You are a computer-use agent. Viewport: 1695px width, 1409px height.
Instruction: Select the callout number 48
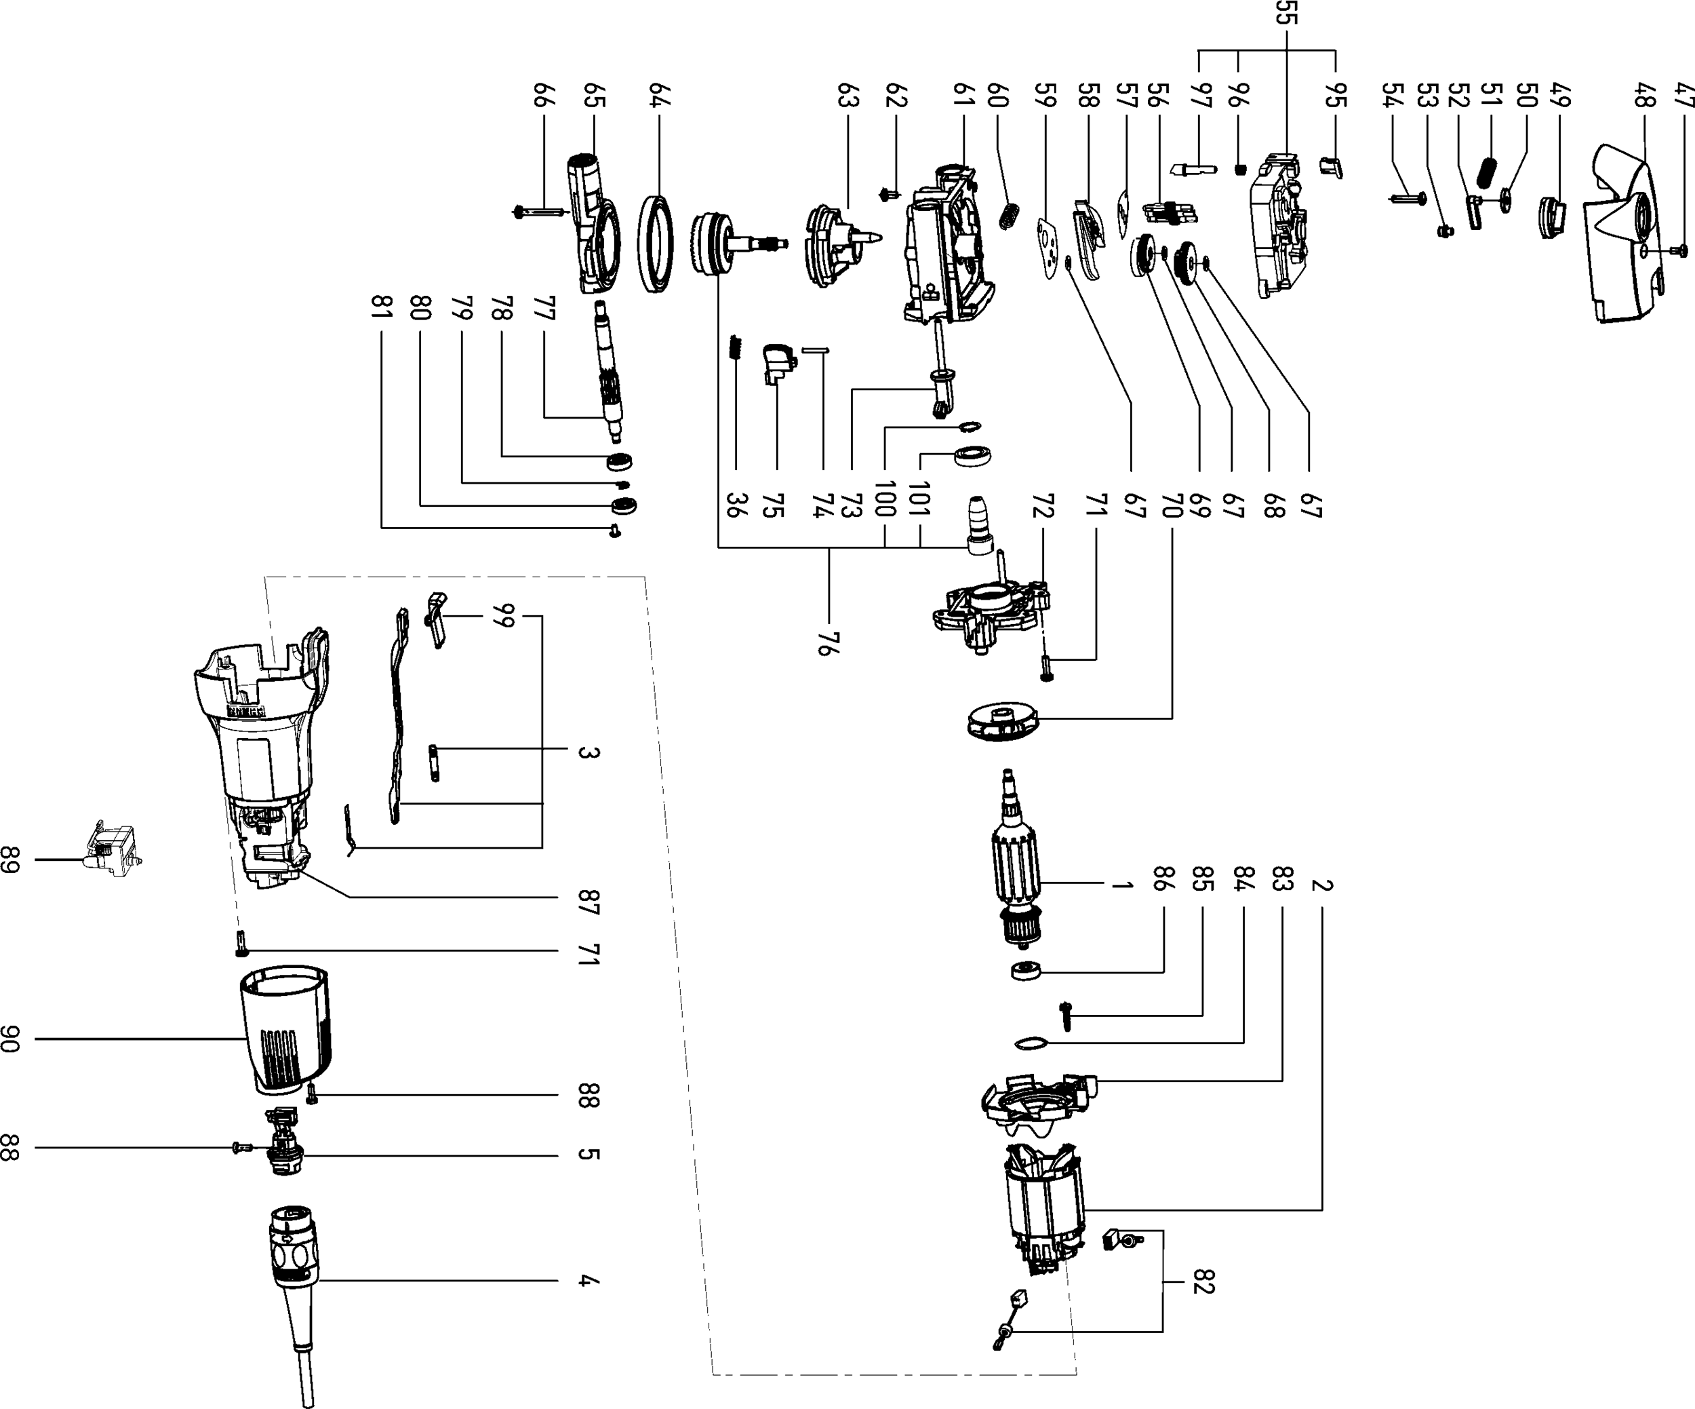pyautogui.click(x=1644, y=96)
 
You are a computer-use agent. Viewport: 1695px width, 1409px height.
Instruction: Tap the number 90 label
pyautogui.click(x=10, y=1039)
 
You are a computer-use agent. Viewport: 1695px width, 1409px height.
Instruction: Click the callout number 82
pyautogui.click(x=1203, y=1281)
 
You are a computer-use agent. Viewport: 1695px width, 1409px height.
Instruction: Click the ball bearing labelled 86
pyautogui.click(x=1026, y=971)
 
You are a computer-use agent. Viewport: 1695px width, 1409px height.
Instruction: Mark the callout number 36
pyautogui.click(x=736, y=505)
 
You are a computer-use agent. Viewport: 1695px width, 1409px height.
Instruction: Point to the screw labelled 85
pyautogui.click(x=1065, y=1016)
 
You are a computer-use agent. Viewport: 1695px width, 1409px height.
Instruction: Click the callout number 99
pyautogui.click(x=500, y=615)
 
